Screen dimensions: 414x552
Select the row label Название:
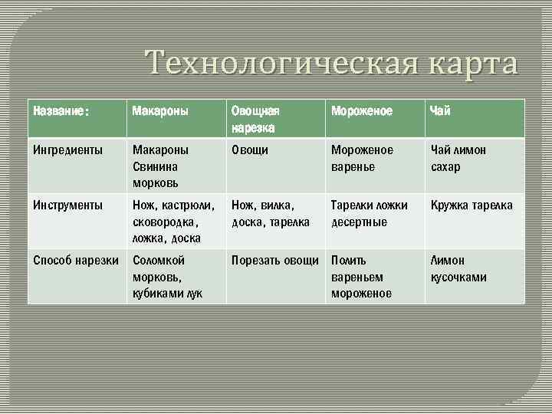(61, 112)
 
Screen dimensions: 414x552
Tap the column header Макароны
(157, 112)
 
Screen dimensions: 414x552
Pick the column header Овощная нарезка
(256, 119)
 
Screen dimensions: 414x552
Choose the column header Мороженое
(361, 112)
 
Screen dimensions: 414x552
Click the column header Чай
(441, 112)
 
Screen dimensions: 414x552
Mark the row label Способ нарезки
(76, 261)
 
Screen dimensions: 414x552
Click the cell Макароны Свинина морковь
(160, 166)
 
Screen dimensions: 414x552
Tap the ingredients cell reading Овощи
(250, 150)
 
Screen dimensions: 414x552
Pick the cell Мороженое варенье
(362, 158)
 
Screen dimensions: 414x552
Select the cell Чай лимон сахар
(458, 158)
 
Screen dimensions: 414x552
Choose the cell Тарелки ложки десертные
(370, 214)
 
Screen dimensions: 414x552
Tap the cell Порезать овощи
(274, 261)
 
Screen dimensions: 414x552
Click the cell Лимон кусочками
(458, 268)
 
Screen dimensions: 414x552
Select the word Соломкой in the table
(158, 261)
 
